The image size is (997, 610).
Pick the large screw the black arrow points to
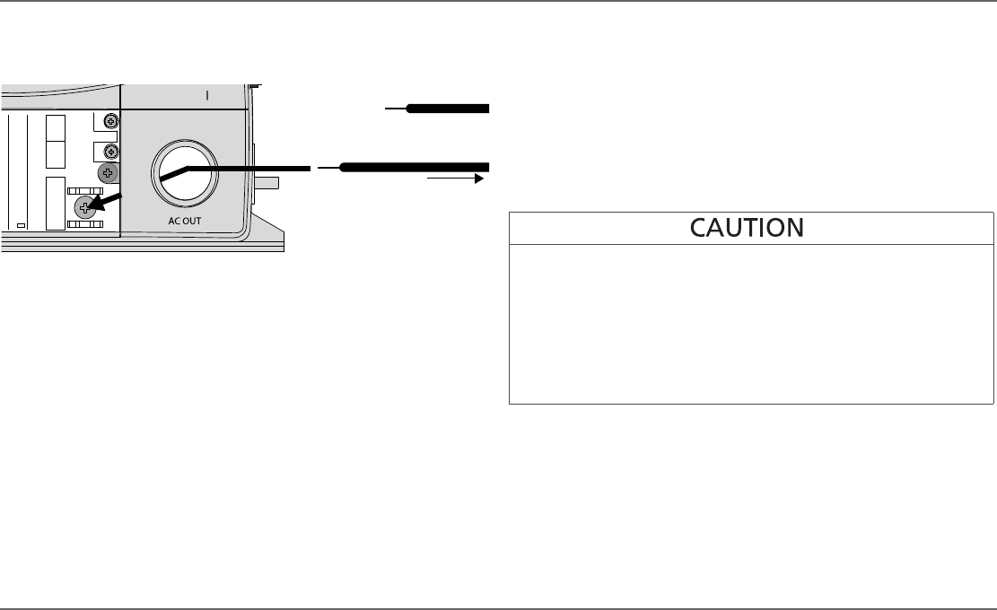click(84, 208)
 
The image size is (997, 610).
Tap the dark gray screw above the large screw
click(109, 172)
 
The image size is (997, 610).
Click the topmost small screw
click(111, 121)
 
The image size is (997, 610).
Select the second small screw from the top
click(111, 150)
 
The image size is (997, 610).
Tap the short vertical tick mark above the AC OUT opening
click(207, 96)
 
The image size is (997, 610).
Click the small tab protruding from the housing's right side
click(267, 183)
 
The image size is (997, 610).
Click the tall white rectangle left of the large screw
click(56, 205)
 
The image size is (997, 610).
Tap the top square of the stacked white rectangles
click(56, 127)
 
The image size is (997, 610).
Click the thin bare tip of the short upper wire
click(396, 109)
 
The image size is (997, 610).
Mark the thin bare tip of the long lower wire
click(328, 167)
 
